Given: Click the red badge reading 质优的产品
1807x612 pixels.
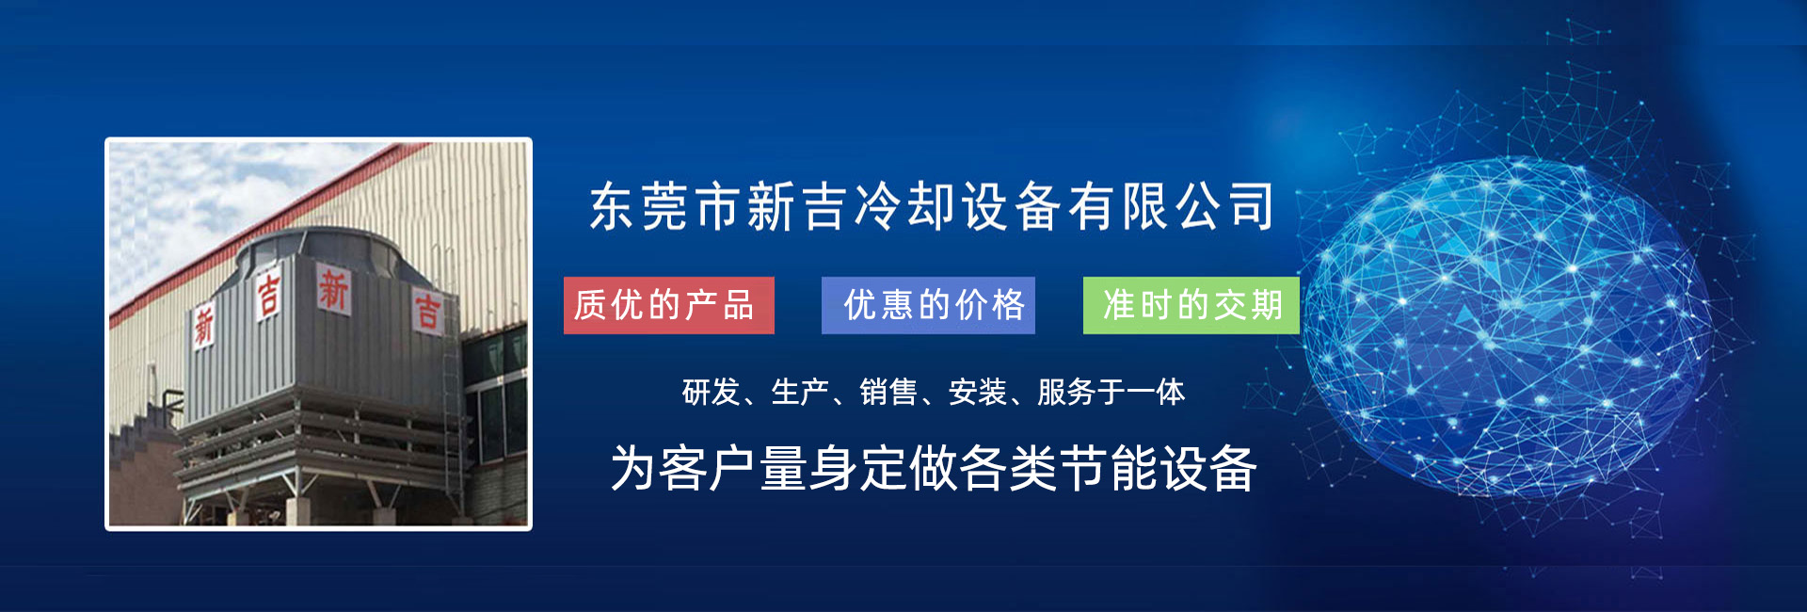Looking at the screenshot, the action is pos(669,305).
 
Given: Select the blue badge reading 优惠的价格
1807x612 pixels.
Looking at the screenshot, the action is pos(928,305).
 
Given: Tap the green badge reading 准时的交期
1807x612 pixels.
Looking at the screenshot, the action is pos(1191,305).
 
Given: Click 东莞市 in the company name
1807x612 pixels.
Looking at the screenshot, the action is pos(666,206).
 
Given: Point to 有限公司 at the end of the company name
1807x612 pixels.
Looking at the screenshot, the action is pos(1172,206).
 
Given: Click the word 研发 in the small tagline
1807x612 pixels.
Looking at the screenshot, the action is pos(711,392).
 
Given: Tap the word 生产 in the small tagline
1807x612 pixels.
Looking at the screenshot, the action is pos(799,392).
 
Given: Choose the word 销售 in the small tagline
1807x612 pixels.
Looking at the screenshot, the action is pos(888,392).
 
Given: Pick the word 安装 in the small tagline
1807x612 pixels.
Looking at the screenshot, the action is pos(977,392).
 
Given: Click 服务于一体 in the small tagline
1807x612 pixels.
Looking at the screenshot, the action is pos(1111,392).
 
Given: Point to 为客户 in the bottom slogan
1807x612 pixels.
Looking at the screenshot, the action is pos(684,468).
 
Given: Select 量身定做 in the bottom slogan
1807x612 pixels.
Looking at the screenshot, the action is pos(858,468).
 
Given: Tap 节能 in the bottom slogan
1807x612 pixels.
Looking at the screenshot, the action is pos(1109,468).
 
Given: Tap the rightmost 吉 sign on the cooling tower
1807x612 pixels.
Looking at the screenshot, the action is pos(427,312).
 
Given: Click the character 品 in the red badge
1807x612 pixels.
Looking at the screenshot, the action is pos(739,305).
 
